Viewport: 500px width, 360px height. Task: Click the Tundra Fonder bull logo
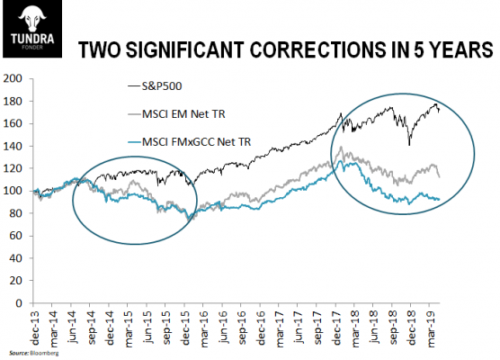click(x=32, y=30)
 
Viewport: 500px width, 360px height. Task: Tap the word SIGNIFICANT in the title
click(x=184, y=49)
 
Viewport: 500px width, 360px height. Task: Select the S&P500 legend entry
click(x=155, y=86)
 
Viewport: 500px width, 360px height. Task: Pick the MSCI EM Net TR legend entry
click(x=176, y=114)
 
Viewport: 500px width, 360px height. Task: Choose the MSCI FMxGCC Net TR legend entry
click(x=190, y=141)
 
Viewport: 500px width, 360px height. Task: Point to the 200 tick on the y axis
click(x=13, y=78)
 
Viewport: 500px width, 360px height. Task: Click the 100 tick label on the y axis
click(x=13, y=191)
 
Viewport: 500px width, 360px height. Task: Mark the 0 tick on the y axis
click(x=19, y=303)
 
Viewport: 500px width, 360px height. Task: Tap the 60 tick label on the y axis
click(x=16, y=236)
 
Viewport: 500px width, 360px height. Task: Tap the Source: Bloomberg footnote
click(x=34, y=354)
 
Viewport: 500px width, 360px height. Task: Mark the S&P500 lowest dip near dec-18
click(x=409, y=145)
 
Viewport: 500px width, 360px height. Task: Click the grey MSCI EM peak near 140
click(x=341, y=147)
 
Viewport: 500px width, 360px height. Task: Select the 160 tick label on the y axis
click(x=13, y=123)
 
